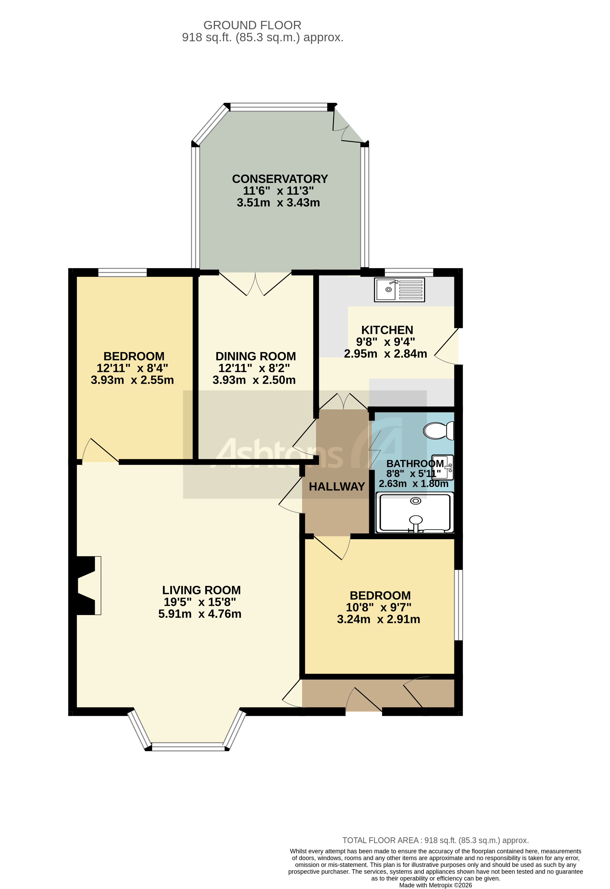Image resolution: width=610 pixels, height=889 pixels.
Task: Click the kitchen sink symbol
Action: pos(399,290)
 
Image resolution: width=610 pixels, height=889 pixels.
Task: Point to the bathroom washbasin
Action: pos(443,467)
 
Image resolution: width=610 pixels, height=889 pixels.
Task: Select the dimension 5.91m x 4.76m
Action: pos(200,614)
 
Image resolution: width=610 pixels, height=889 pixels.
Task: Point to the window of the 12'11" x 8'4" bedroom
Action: pos(122,272)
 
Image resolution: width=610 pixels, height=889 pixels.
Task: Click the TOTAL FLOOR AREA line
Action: pos(435,840)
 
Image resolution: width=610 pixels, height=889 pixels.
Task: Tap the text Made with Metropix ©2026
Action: pos(435,885)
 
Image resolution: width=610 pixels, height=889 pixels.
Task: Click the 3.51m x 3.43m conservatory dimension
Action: pos(278,203)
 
